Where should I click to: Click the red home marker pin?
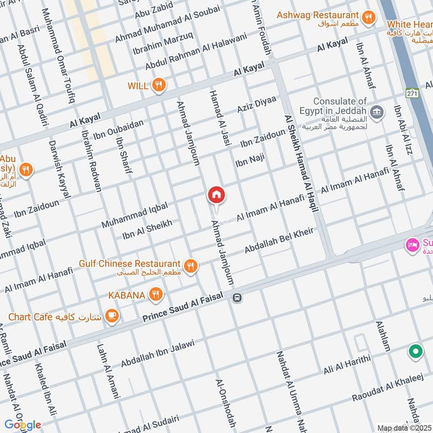[216, 195]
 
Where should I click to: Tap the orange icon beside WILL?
[159, 85]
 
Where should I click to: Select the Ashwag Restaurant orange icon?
[369, 17]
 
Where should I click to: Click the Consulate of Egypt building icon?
[378, 113]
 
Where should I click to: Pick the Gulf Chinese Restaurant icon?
[190, 265]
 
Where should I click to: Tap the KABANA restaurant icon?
[156, 294]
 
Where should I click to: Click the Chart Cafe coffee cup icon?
[111, 316]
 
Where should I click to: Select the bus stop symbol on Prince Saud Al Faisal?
[237, 297]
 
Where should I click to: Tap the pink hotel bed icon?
[412, 245]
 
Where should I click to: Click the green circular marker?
[415, 352]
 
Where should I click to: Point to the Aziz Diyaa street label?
[257, 104]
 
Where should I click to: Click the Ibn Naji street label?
[249, 161]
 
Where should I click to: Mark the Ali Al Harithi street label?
[347, 364]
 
